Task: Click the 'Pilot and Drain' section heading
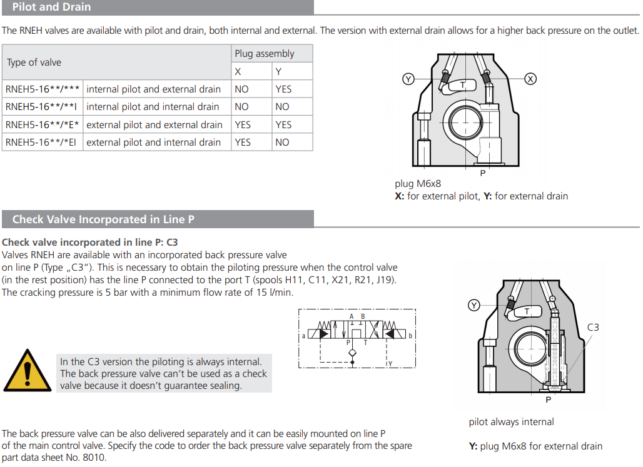(x=51, y=8)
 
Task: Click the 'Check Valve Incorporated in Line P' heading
(x=99, y=219)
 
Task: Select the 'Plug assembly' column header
(x=264, y=54)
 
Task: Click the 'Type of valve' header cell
(x=34, y=63)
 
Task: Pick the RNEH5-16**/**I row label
(x=42, y=107)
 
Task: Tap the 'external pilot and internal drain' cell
(x=154, y=143)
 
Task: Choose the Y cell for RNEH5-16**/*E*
(x=283, y=125)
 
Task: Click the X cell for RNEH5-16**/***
(x=241, y=89)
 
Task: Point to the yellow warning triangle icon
(x=27, y=371)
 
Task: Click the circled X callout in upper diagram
(x=530, y=79)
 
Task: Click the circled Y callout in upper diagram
(x=408, y=79)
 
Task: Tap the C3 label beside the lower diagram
(x=593, y=327)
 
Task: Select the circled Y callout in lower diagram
(x=474, y=305)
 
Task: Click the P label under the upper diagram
(x=483, y=173)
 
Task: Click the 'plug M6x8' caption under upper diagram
(x=418, y=184)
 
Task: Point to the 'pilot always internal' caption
(x=511, y=422)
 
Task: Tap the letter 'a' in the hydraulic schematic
(x=303, y=336)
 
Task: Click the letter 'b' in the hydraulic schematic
(x=410, y=336)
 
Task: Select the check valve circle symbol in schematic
(x=353, y=353)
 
